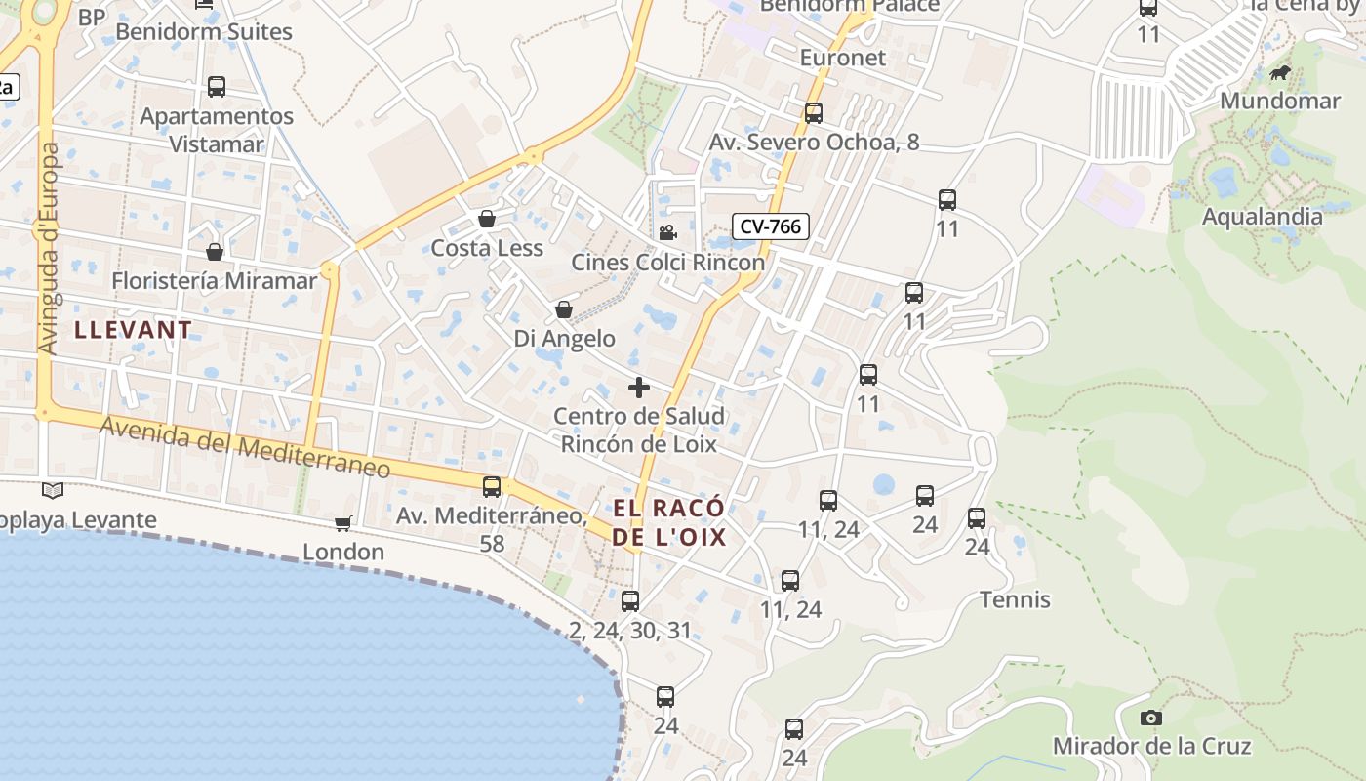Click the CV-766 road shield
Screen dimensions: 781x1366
click(770, 226)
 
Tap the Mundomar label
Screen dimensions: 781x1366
click(1280, 101)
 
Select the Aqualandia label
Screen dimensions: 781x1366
click(1262, 217)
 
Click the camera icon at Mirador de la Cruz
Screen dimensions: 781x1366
click(1151, 719)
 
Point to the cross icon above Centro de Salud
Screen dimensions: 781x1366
click(639, 388)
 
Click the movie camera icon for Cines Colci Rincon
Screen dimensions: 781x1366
click(667, 233)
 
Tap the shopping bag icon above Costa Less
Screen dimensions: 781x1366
click(487, 219)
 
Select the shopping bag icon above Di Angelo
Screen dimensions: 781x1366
click(564, 309)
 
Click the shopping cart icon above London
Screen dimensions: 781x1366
click(342, 524)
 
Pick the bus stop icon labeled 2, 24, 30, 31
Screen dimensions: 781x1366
click(630, 601)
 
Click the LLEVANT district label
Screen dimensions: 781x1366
click(134, 330)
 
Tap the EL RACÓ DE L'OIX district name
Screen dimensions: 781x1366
click(669, 522)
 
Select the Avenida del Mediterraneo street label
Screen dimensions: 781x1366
click(245, 447)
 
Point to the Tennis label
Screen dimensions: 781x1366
click(1015, 599)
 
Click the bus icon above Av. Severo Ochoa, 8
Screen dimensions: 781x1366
click(814, 113)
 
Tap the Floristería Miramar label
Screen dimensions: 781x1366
click(215, 281)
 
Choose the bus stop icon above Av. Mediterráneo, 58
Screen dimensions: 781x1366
click(492, 487)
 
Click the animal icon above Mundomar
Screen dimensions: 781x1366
click(1280, 73)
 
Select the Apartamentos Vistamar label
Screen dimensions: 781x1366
click(217, 130)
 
